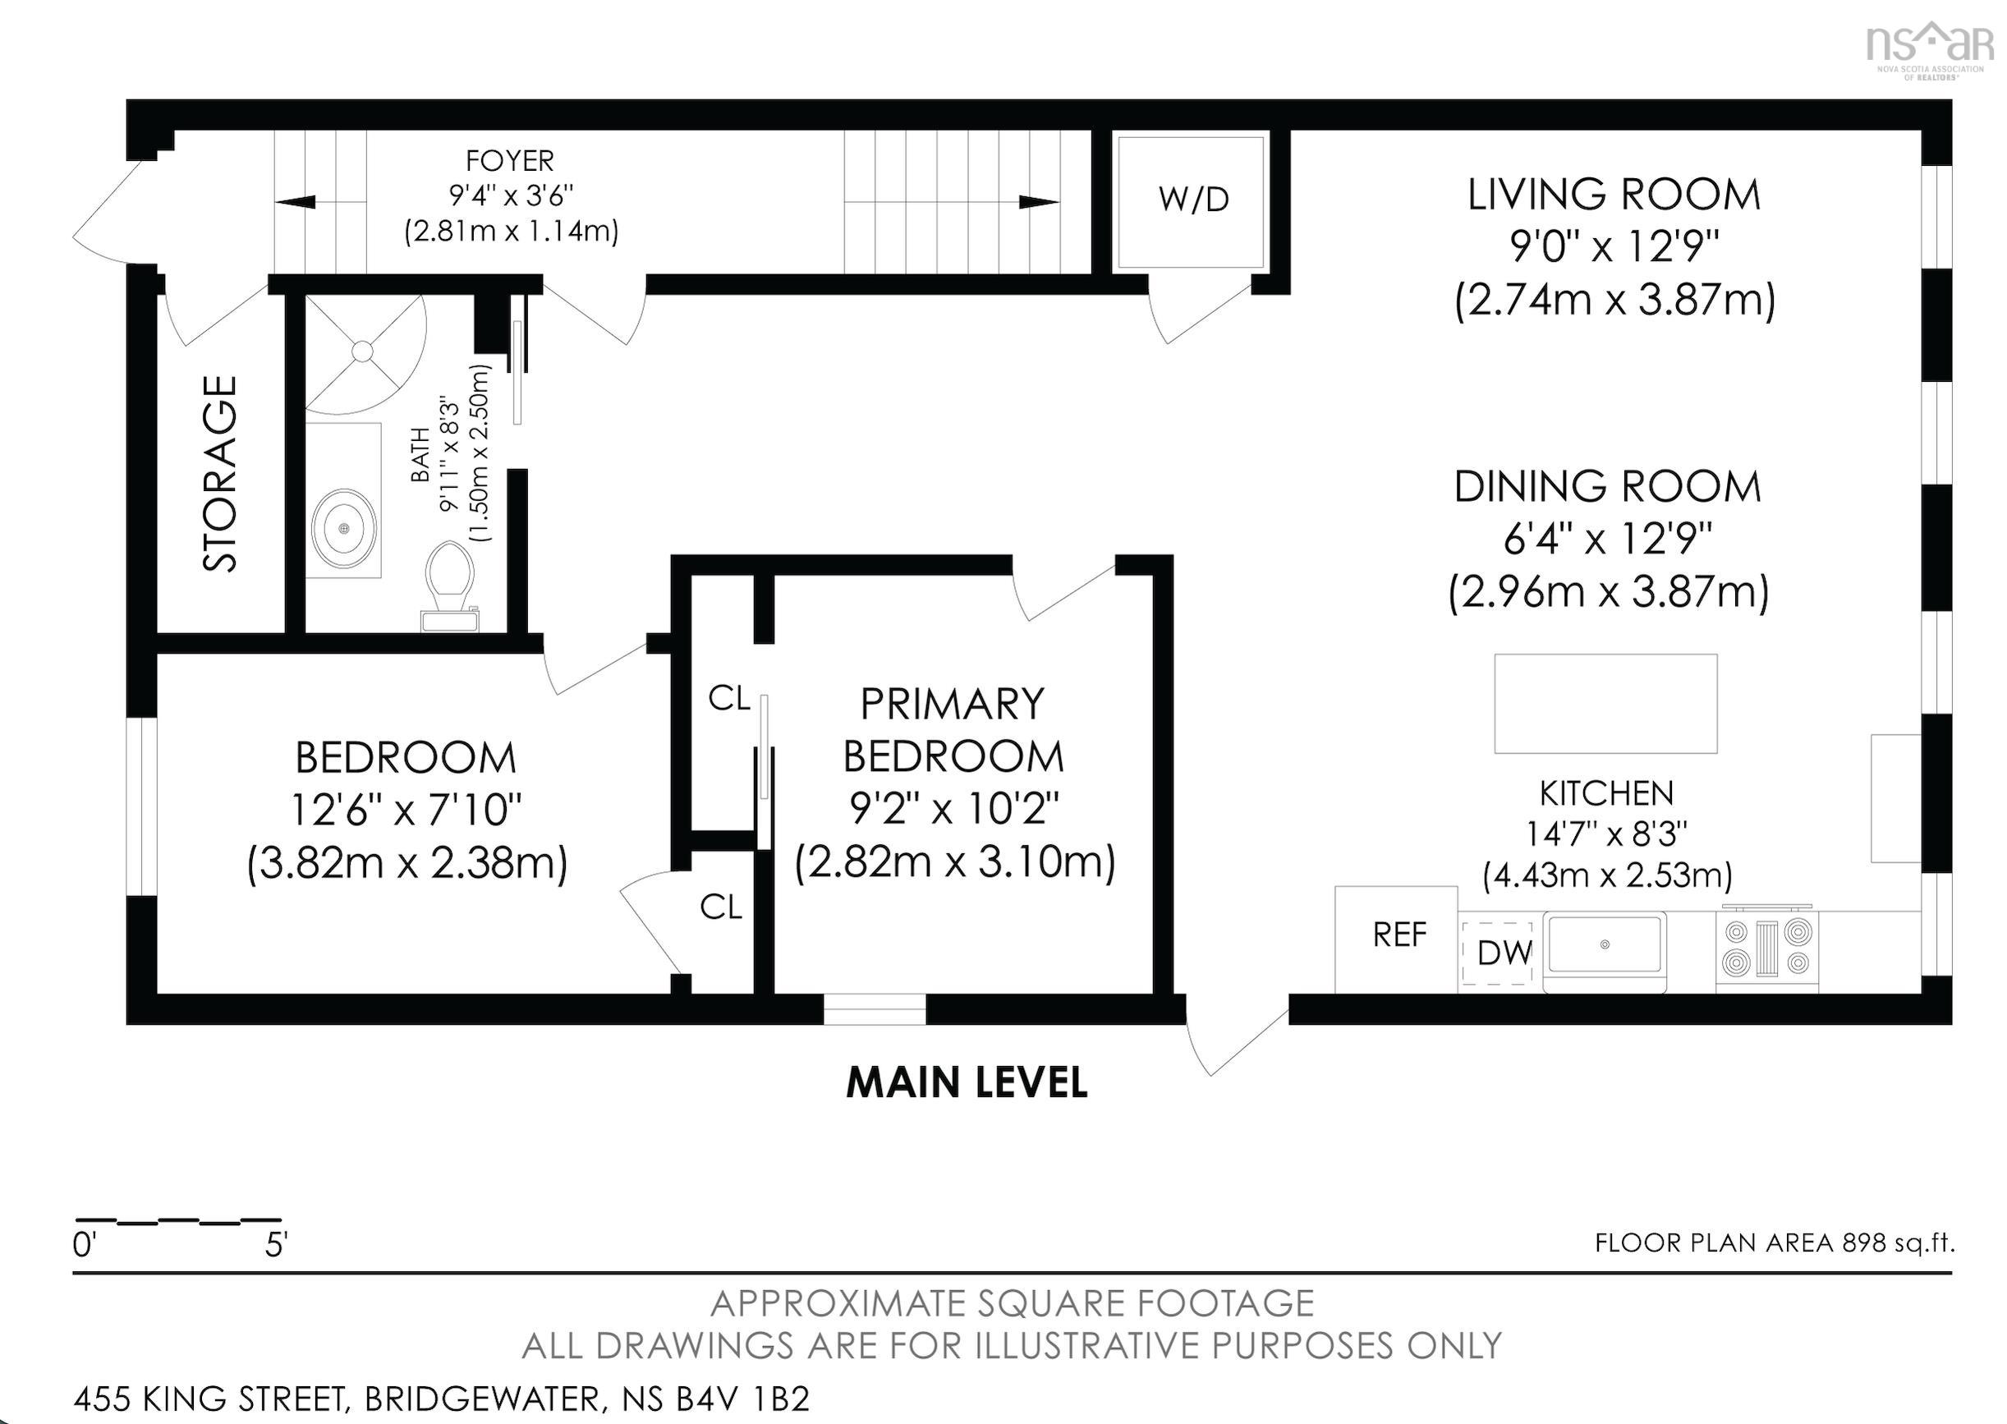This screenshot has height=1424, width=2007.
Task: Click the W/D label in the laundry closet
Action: [x=1192, y=200]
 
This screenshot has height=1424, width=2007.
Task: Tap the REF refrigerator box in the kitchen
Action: [x=1398, y=935]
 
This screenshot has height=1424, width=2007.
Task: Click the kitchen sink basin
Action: [x=1604, y=945]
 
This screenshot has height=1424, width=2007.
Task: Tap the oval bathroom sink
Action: [x=345, y=529]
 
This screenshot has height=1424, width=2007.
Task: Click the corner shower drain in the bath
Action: [x=362, y=351]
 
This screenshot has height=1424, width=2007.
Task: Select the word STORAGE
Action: [x=221, y=474]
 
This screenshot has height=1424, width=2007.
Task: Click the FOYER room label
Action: [x=509, y=161]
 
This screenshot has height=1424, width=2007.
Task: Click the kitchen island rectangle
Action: [x=1605, y=703]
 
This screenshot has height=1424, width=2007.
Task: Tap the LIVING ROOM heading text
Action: [x=1614, y=195]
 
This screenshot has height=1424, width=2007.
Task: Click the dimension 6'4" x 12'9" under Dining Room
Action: [x=1607, y=539]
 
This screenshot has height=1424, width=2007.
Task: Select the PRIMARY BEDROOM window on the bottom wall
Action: [x=875, y=1009]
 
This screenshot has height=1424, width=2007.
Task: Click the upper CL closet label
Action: [x=729, y=699]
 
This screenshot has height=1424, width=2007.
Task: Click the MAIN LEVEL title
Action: [x=967, y=1083]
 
